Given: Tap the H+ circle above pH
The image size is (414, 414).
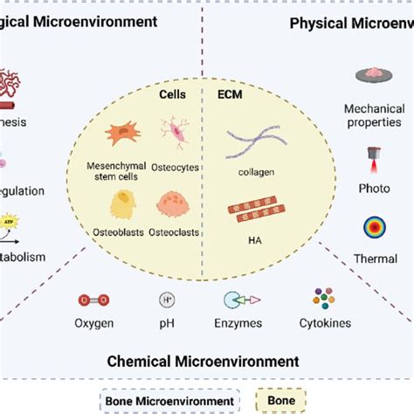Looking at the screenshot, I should coord(166,300).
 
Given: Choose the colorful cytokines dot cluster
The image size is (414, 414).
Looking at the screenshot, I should coord(325,299).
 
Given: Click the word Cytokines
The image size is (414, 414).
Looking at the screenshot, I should coord(324,323).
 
